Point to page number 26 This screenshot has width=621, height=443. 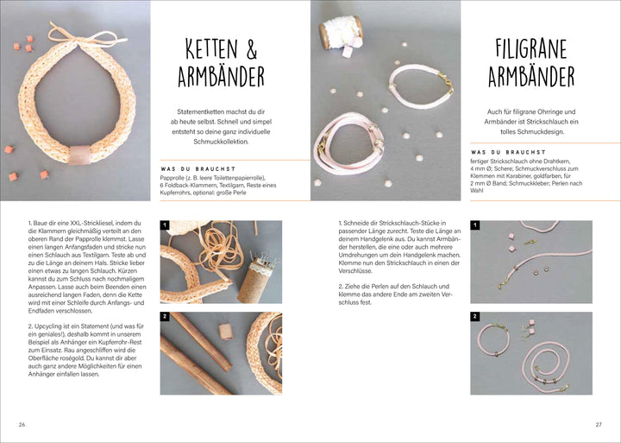(22, 424)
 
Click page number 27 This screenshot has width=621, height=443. (598, 424)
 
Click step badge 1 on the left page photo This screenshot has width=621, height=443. (166, 226)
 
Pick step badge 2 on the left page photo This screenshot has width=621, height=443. (166, 317)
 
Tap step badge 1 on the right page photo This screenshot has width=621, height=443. (475, 226)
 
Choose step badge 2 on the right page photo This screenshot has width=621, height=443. (475, 317)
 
